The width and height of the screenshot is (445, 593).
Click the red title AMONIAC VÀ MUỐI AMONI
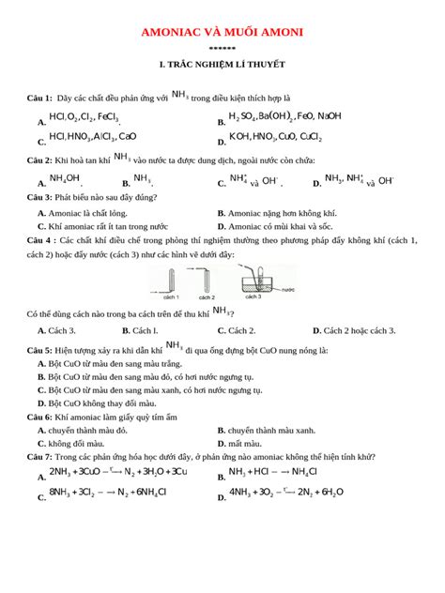pyautogui.click(x=222, y=33)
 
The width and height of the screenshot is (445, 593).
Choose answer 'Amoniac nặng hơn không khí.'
pyautogui.click(x=282, y=213)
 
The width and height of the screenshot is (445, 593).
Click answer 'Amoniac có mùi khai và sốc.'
pyautogui.click(x=282, y=226)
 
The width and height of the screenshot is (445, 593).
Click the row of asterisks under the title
pyautogui.click(x=222, y=48)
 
